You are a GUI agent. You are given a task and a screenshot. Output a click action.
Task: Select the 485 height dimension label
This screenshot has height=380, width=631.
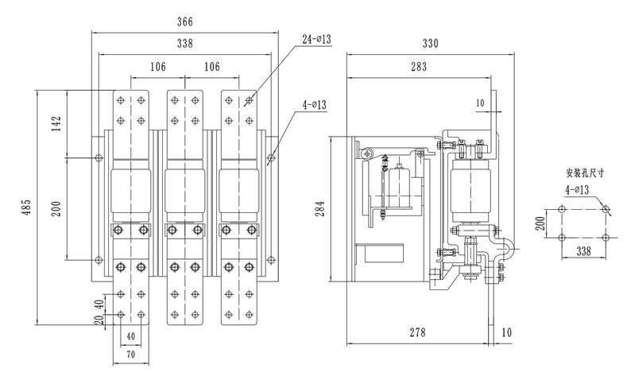tap(27, 208)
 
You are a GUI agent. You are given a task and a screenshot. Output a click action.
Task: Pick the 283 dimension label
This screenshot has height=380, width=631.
tap(420, 68)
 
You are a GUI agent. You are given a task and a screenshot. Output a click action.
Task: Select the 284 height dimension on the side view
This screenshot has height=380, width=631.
tap(320, 208)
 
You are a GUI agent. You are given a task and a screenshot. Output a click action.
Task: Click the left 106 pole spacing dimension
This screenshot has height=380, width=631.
tap(157, 67)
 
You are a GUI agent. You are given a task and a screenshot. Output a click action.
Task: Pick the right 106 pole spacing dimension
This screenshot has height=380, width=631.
tap(212, 67)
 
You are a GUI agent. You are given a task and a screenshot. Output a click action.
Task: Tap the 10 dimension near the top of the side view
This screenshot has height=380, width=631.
tap(479, 103)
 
